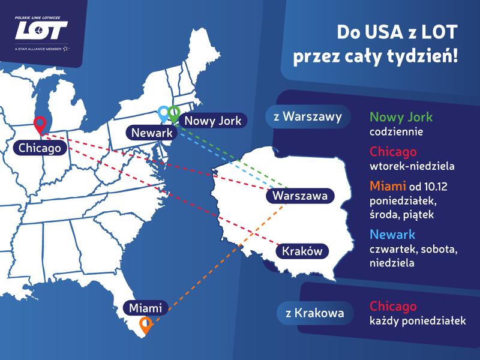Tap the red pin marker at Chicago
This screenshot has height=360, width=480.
[40, 124]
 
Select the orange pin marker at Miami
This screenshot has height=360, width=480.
[145, 325]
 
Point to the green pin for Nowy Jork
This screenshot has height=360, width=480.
[174, 113]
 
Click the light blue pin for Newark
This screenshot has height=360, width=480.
[164, 113]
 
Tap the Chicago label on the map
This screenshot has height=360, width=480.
[40, 147]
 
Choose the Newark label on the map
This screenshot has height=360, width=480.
[151, 133]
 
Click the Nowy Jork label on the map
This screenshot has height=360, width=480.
[212, 121]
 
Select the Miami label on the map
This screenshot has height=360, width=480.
[146, 308]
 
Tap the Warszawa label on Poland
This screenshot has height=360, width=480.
[299, 195]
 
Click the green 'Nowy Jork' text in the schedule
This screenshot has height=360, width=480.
[401, 116]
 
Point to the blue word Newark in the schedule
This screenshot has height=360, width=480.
[392, 235]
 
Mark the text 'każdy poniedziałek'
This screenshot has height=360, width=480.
[418, 321]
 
